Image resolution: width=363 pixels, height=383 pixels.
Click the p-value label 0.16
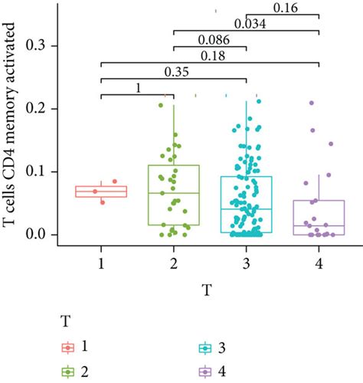pos(285,8)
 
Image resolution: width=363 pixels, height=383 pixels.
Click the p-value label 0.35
pos(175,71)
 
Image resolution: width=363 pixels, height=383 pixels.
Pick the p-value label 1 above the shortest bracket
pos(137,87)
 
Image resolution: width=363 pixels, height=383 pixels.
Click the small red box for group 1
pos(101,191)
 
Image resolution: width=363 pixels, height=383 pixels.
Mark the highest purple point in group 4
pos(312,103)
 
